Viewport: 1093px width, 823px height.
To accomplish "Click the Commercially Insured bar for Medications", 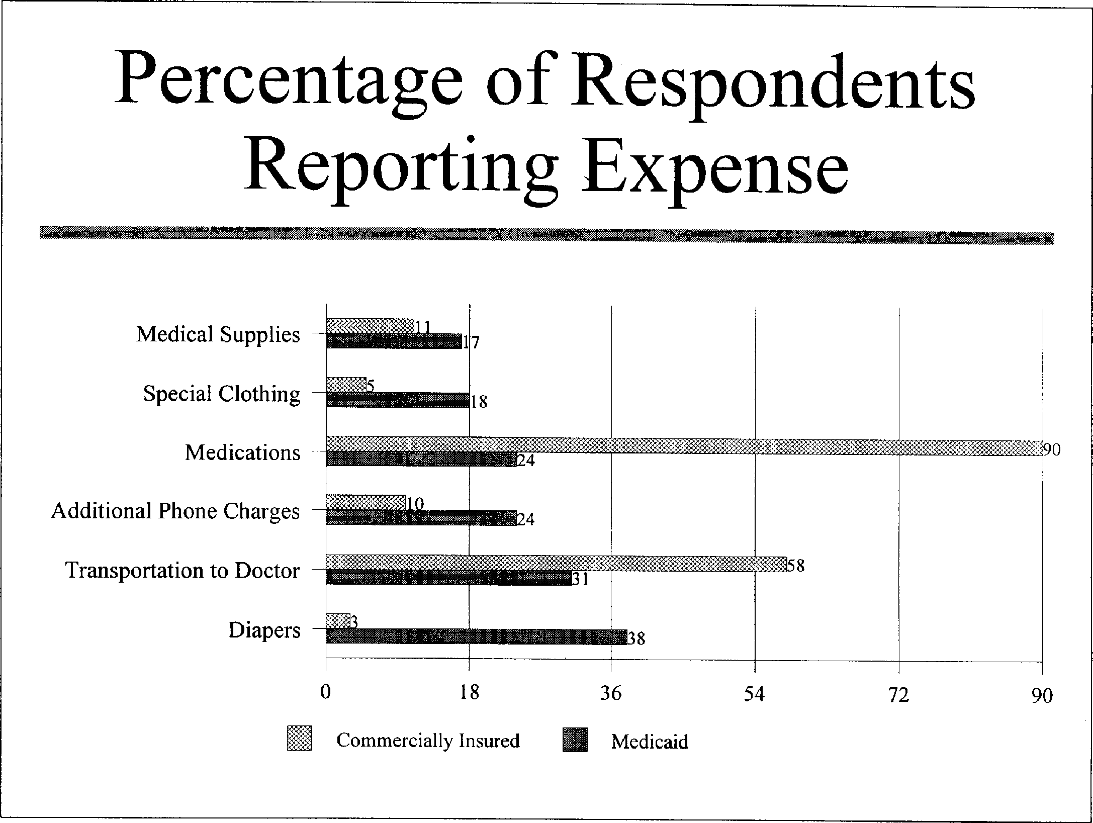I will (x=684, y=445).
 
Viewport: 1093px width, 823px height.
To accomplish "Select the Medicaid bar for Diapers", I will (x=476, y=636).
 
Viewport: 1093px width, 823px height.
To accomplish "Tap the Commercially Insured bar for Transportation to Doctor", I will (x=556, y=563).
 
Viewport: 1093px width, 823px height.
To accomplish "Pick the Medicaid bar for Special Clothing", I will (x=398, y=400).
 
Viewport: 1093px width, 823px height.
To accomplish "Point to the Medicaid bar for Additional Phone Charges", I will (x=421, y=518).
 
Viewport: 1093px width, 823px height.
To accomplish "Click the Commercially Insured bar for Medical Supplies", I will (x=370, y=326).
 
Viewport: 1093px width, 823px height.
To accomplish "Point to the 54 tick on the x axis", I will (x=754, y=694).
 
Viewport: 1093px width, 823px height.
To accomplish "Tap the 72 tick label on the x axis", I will (x=898, y=695).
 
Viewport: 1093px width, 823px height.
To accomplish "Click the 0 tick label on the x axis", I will (x=326, y=693).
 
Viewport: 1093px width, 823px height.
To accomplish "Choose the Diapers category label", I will (x=264, y=630).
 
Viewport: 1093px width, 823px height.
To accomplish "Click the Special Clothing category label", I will (x=222, y=394).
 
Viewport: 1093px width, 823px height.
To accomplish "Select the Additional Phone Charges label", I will (x=175, y=511).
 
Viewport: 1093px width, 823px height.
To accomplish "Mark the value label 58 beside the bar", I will (x=796, y=566).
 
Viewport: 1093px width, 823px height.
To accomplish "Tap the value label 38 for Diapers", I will (x=636, y=639).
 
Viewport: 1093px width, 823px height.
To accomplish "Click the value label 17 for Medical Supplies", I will (x=471, y=343).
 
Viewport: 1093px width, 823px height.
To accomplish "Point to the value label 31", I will (x=580, y=580).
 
